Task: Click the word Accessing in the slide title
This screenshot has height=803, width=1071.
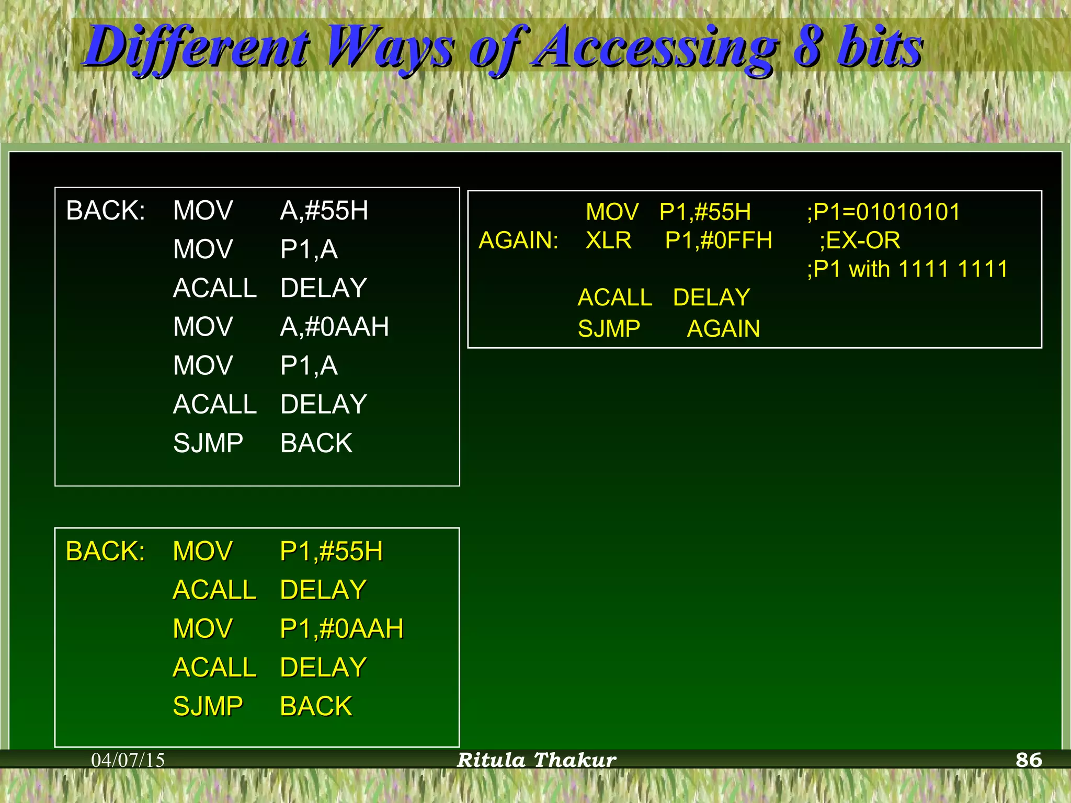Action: coord(654,48)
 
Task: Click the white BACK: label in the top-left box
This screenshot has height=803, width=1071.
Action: coord(105,211)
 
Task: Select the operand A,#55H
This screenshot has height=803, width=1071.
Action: coord(324,211)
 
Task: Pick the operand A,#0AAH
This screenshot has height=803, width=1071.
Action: coord(334,327)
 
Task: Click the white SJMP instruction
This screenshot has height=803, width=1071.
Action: coord(208,443)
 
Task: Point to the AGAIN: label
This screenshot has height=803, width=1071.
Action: coord(518,240)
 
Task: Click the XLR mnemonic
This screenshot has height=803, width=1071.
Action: coord(608,240)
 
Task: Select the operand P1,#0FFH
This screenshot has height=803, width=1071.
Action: coord(718,240)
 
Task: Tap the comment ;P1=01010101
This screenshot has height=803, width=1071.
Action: coord(883,212)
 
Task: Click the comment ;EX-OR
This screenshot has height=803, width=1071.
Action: coord(860,240)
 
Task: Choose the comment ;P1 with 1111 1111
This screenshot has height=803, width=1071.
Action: coord(907,269)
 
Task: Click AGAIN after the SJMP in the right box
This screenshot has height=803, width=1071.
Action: coord(723,329)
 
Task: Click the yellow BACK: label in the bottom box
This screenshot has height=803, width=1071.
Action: coord(105,551)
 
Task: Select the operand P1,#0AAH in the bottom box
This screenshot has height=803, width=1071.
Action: coord(341,628)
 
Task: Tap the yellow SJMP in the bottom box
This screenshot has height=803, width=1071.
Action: coord(208,706)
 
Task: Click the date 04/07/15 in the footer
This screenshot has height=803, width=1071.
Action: coord(128,760)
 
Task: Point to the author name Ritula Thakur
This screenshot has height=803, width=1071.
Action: coord(537,760)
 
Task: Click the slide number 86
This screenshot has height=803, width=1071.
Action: coord(1028,760)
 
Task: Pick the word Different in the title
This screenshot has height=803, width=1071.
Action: coord(198,48)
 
